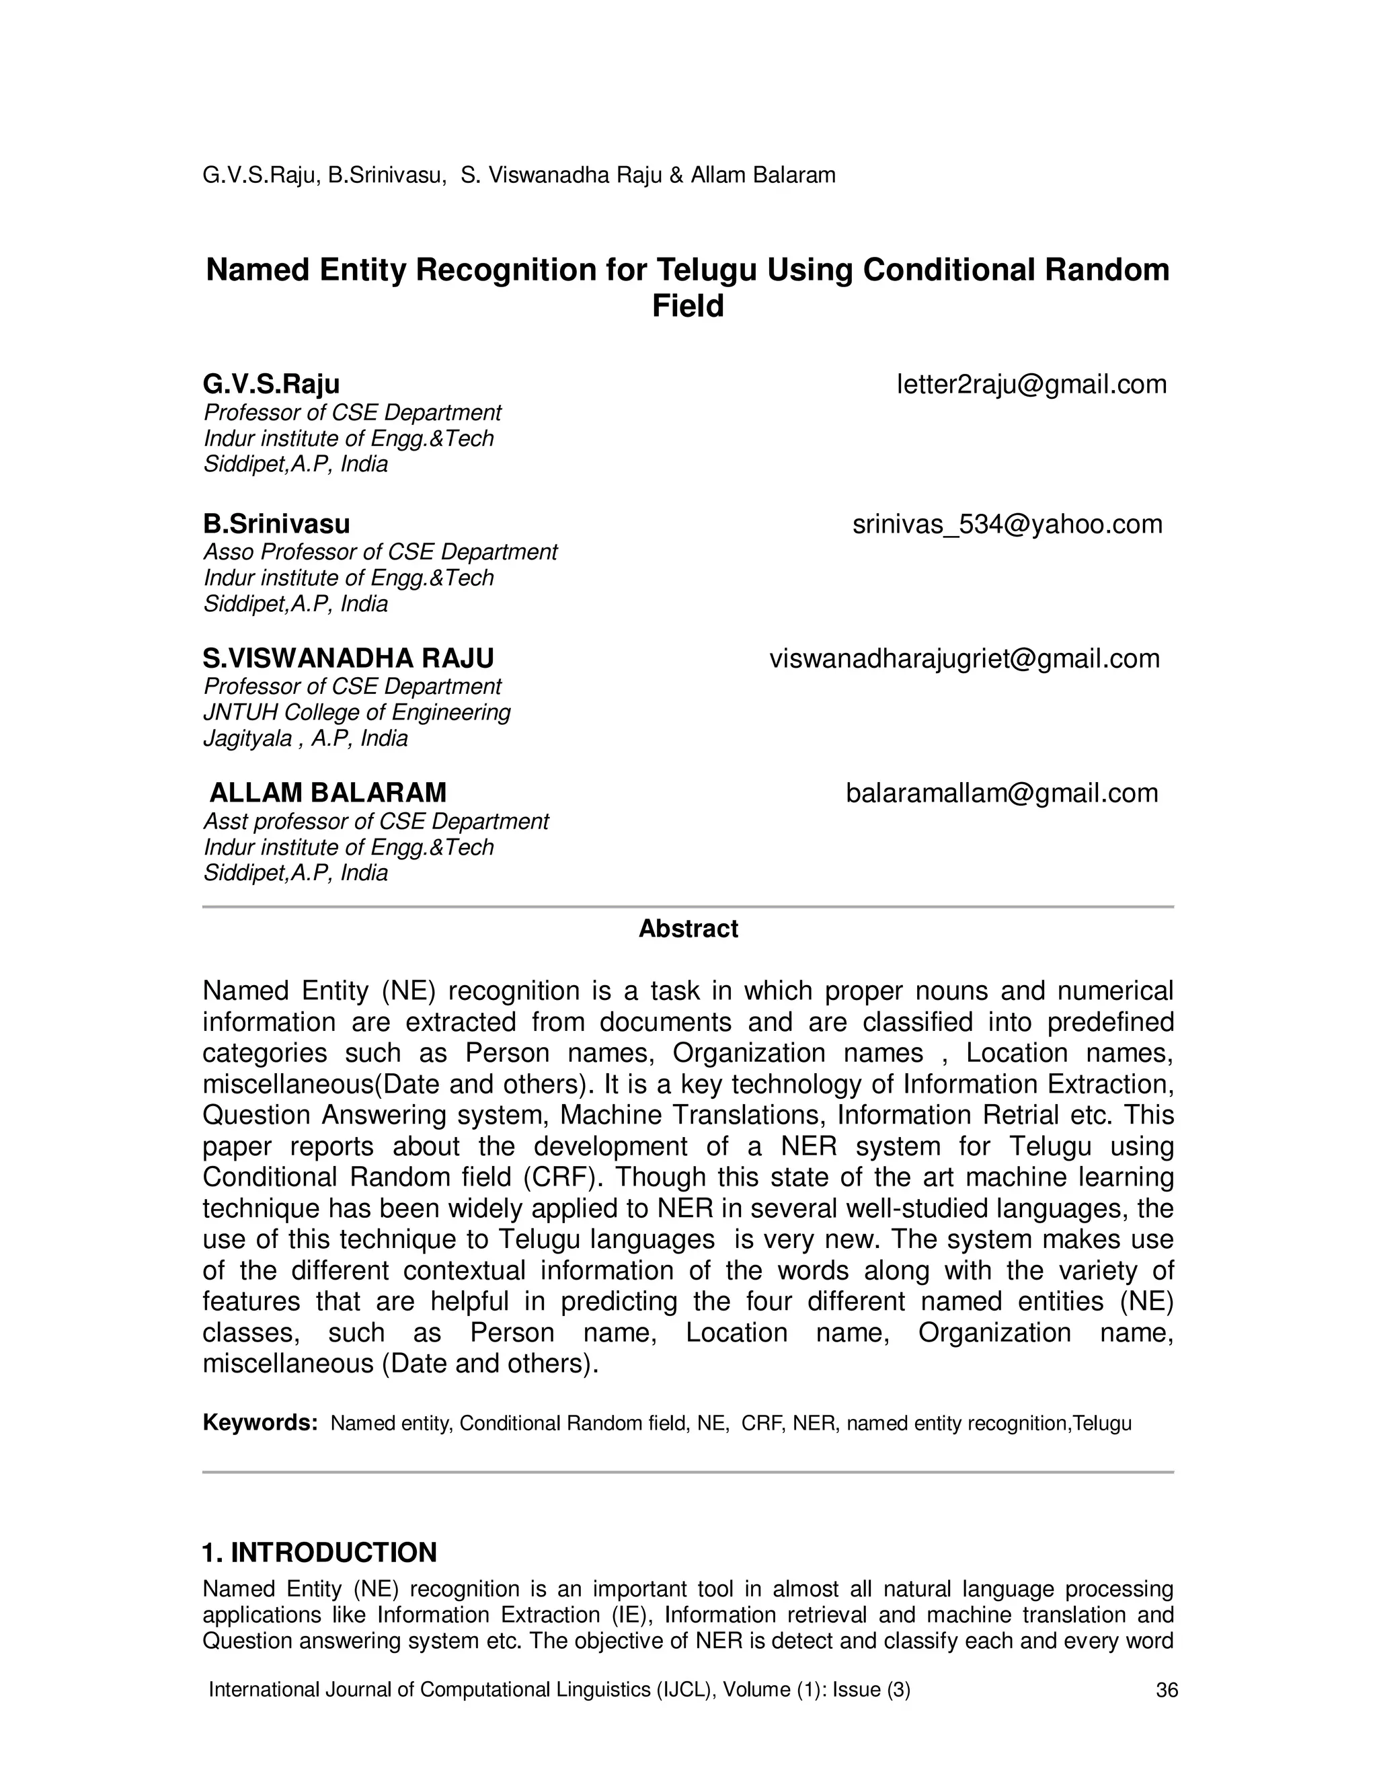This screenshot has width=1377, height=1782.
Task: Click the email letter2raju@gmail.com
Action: click(1031, 384)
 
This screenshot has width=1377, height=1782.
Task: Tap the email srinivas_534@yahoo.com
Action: click(1007, 524)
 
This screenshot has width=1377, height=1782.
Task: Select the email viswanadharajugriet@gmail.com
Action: click(964, 658)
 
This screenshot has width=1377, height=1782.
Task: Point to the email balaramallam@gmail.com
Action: click(1002, 793)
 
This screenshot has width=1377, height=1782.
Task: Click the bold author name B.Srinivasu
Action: click(276, 524)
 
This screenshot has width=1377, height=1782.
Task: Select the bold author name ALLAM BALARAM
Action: click(328, 793)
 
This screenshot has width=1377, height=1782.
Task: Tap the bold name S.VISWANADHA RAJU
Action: click(348, 658)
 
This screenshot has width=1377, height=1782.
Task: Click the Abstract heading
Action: click(688, 929)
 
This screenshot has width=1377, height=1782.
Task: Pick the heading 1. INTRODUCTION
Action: click(320, 1552)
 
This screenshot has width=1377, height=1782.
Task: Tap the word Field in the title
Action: click(688, 307)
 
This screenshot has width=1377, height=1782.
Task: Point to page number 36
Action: click(1167, 1691)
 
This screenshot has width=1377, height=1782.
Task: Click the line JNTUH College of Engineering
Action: click(356, 713)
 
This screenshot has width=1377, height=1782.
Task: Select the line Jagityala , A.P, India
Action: click(305, 739)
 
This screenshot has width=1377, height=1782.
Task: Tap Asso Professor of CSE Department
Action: click(380, 552)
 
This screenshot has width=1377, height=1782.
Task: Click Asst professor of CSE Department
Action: click(376, 822)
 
